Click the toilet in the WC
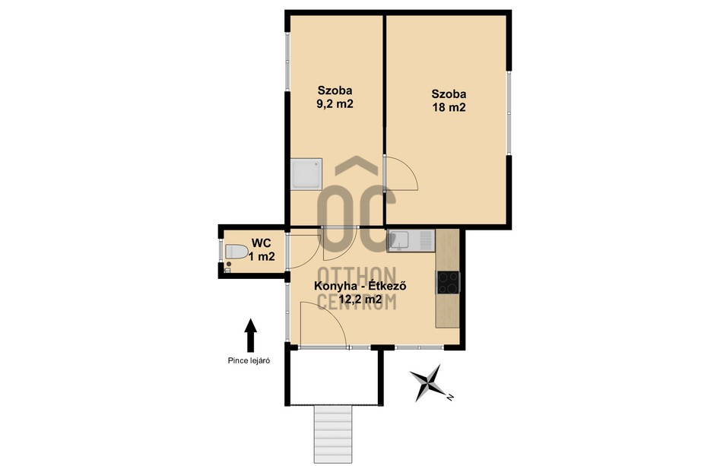(x=236, y=251)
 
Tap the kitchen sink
(x=411, y=241)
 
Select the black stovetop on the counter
(x=449, y=282)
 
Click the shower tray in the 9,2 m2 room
(x=306, y=173)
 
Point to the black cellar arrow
(x=250, y=335)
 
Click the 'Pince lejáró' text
(x=249, y=361)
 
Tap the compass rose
(x=427, y=382)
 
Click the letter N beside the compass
(x=449, y=397)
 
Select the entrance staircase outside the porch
(x=333, y=434)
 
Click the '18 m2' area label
(x=449, y=108)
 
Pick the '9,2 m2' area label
(x=335, y=103)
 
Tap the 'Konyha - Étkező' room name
(x=360, y=287)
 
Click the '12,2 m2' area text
(x=360, y=300)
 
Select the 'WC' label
(x=262, y=243)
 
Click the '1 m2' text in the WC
(x=262, y=257)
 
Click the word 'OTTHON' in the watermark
(x=357, y=276)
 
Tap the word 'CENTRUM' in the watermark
(x=357, y=301)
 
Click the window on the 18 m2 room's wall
(x=509, y=113)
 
